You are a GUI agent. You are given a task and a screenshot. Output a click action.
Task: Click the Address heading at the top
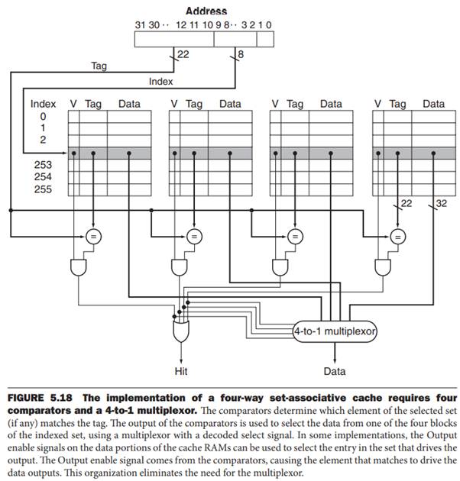pyautogui.click(x=206, y=11)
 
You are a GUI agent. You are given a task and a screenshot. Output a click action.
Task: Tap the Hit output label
pyautogui.click(x=181, y=372)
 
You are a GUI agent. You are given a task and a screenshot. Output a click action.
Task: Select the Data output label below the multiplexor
pyautogui.click(x=334, y=372)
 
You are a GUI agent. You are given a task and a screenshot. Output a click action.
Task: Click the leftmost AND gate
pyautogui.click(x=78, y=266)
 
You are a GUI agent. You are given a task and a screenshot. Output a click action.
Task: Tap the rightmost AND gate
pyautogui.click(x=382, y=266)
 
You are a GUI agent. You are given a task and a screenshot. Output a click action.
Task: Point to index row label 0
pyautogui.click(x=43, y=115)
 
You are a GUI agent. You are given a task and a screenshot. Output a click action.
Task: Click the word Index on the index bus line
pyautogui.click(x=160, y=81)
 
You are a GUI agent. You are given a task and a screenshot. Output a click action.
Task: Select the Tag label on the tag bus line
pyautogui.click(x=99, y=66)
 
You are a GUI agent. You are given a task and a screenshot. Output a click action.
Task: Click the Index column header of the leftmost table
pyautogui.click(x=44, y=103)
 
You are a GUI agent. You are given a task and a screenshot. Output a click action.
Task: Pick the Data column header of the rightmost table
pyautogui.click(x=433, y=103)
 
